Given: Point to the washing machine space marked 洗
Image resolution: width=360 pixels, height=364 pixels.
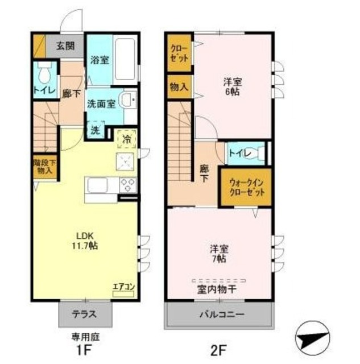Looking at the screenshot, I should coord(96,130).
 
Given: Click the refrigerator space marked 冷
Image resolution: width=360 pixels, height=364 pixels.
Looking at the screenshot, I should coord(127,138).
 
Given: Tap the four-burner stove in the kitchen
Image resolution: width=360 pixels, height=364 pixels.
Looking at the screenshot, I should coord(127,185).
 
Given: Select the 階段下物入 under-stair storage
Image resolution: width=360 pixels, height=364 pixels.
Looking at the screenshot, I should coord(44,166).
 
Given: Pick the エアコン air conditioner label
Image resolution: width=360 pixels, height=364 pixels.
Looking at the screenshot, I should coord(123,287).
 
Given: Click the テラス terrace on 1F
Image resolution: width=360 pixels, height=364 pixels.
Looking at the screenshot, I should coord(84,313).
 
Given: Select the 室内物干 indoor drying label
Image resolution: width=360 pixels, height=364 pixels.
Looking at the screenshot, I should coord(218,290).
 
